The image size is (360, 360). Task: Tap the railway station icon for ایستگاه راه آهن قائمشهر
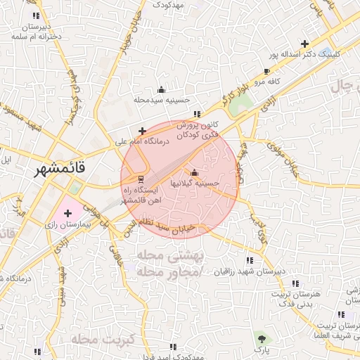(x=141, y=178)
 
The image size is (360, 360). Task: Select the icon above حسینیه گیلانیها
(x=194, y=172)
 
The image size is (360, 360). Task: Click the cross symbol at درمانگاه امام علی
(x=143, y=131)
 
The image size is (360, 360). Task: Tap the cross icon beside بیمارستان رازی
(x=68, y=212)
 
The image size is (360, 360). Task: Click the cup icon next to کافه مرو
(x=266, y=71)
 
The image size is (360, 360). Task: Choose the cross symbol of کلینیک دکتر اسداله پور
(x=304, y=44)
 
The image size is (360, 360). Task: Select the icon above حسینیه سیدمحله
(x=161, y=89)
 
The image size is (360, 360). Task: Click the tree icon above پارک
(x=262, y=338)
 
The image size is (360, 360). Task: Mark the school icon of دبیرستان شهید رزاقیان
(x=250, y=260)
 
